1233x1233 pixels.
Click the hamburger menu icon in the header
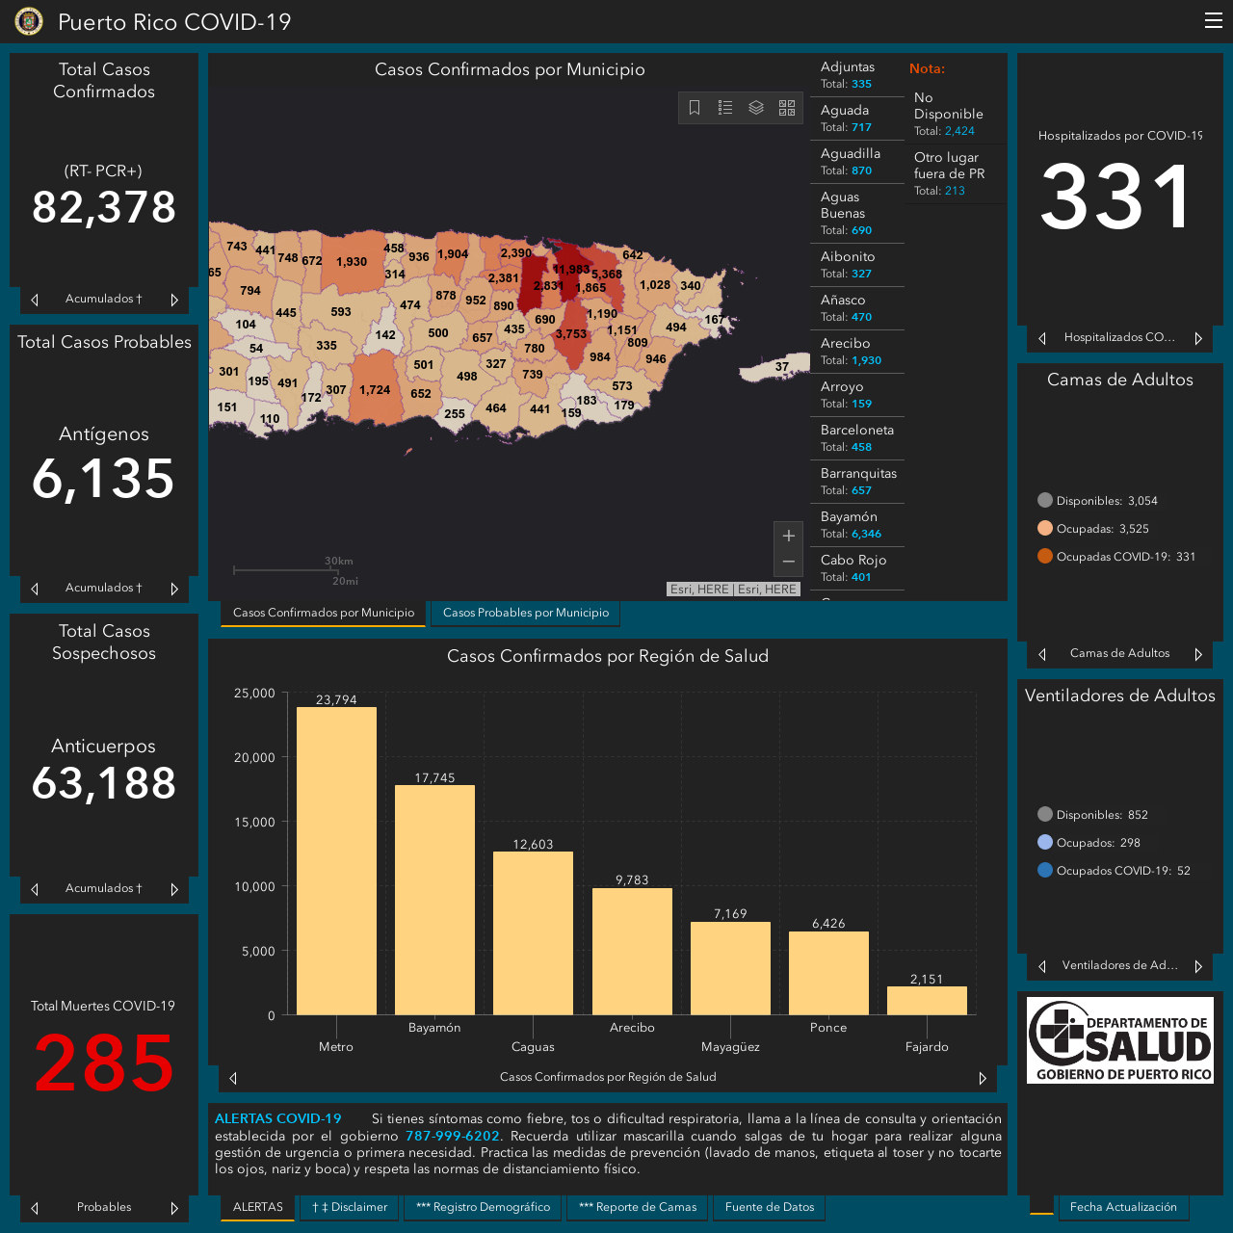point(1213,20)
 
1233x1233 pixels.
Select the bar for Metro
point(336,860)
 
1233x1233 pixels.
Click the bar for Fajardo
point(927,1000)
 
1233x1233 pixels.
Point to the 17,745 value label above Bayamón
point(434,777)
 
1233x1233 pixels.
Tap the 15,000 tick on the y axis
point(254,822)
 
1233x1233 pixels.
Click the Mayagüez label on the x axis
point(730,1047)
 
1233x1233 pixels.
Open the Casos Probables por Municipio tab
point(525,613)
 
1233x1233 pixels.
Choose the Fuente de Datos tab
point(769,1207)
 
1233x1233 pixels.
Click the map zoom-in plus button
point(788,536)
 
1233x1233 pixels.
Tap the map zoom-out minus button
point(788,562)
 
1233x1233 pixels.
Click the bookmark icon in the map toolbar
point(695,107)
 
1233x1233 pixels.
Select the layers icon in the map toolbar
point(755,107)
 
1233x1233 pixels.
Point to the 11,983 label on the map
point(571,270)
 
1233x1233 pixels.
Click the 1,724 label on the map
point(375,390)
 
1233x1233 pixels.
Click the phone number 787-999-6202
point(453,1136)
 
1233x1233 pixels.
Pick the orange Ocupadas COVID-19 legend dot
point(1044,556)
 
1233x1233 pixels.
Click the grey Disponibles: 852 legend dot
point(1044,814)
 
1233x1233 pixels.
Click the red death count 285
point(104,1062)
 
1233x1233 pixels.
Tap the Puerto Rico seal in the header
point(29,21)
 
